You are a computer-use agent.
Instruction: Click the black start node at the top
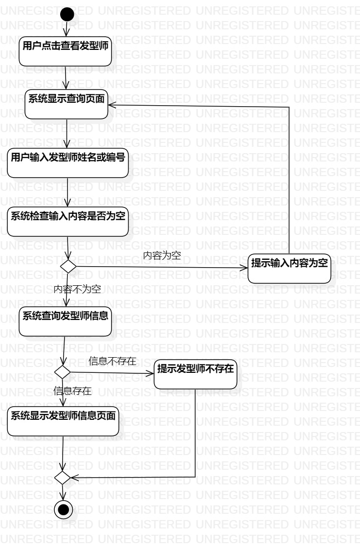pos(67,14)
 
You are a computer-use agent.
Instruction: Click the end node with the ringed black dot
pos(63,510)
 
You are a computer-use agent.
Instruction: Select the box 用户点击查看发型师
pos(66,50)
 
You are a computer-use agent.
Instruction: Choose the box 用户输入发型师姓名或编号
pos(67,162)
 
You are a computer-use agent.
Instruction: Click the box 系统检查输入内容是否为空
pos(67,222)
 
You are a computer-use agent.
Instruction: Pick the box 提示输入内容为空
pos(290,268)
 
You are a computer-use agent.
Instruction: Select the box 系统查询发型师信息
pos(66,321)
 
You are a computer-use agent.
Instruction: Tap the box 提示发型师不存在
pos(196,374)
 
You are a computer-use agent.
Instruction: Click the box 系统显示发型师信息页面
pos(63,421)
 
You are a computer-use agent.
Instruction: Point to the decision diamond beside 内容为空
pos(67,267)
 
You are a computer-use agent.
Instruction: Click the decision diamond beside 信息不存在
pos(63,372)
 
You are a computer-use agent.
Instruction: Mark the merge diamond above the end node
pos(63,476)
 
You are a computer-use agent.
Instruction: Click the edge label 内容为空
pos(162,255)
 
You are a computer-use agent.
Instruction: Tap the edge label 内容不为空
pos(77,289)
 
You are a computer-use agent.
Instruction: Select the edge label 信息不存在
pos(112,361)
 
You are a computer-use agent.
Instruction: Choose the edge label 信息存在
pos(72,390)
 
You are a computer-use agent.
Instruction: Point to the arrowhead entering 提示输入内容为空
pos(244,268)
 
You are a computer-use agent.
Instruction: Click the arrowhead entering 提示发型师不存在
pos(151,373)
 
